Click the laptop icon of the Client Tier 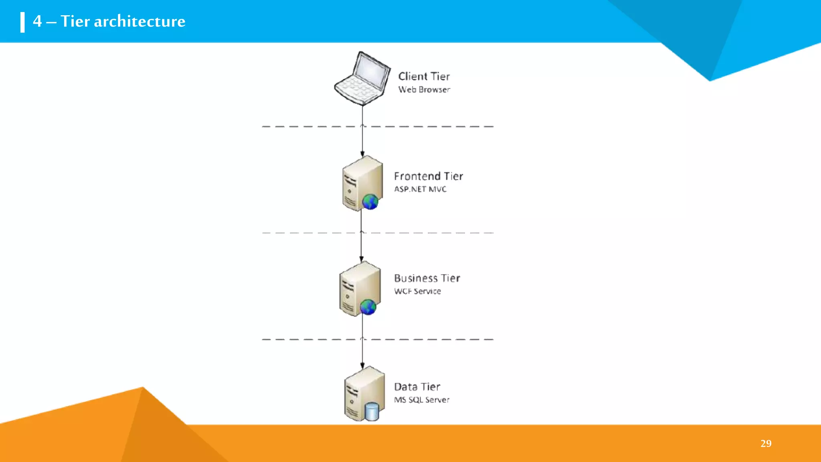(362, 79)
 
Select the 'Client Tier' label (424, 76)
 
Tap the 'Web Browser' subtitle (424, 89)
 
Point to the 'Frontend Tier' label (428, 176)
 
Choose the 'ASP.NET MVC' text (420, 189)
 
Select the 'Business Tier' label (427, 278)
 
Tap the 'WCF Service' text (417, 291)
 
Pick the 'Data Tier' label (417, 387)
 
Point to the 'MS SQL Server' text (421, 400)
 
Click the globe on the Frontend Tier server (370, 202)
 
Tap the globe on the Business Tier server (368, 307)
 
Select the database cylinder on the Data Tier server (372, 412)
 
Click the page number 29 (766, 443)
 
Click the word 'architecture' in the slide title (140, 21)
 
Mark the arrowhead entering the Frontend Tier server (362, 154)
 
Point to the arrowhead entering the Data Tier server (362, 366)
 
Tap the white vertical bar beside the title (22, 22)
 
